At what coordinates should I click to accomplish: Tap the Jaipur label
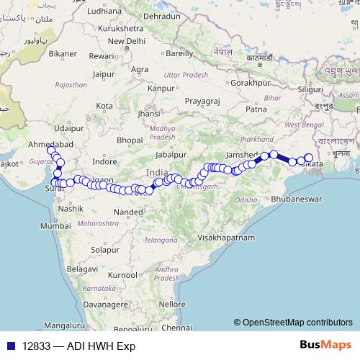pyautogui.click(x=104, y=73)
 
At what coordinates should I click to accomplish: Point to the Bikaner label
pyautogui.click(x=63, y=54)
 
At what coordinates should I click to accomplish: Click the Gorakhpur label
pyautogui.click(x=251, y=84)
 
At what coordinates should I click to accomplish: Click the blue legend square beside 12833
pyautogui.click(x=12, y=346)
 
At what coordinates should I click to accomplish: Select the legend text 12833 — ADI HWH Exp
pyautogui.click(x=79, y=346)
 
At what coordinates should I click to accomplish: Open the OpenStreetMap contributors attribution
pyautogui.click(x=297, y=323)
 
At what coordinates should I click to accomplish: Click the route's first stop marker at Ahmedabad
pyautogui.click(x=50, y=149)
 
